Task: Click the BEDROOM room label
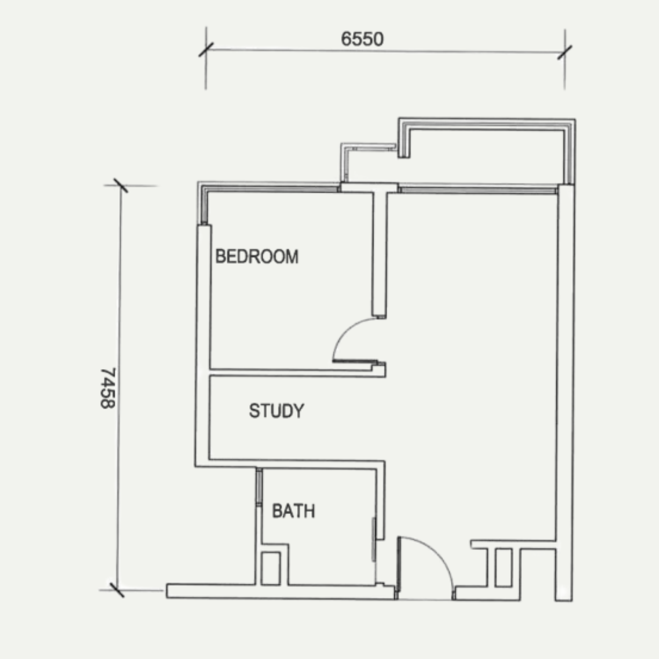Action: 257,256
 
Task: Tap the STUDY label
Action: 277,411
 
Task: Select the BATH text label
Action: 293,511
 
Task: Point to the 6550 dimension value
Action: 362,39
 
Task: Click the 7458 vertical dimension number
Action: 108,388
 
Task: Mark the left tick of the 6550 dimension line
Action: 206,49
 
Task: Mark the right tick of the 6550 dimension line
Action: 565,52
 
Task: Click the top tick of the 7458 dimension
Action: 121,186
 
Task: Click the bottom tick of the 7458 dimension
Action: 117,590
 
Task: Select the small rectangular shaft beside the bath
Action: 271,568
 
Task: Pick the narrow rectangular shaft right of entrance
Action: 504,568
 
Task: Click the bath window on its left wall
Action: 259,487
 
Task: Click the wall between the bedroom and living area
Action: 379,255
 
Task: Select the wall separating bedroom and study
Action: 297,372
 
